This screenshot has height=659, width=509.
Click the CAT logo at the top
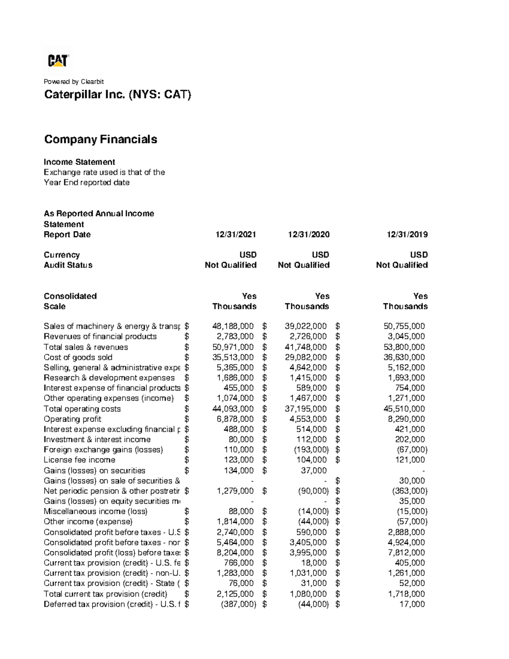[x=58, y=61]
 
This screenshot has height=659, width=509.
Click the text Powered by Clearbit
[x=74, y=81]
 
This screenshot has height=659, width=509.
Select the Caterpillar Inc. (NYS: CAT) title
[x=117, y=94]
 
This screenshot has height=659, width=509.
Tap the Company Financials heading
[x=101, y=139]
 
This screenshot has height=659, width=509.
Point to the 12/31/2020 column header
[x=308, y=235]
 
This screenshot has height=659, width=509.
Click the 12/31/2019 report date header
[x=407, y=235]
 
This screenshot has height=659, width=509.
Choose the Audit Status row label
[x=68, y=265]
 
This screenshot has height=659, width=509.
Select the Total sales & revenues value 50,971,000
[x=233, y=347]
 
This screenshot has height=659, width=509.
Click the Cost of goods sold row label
[x=78, y=357]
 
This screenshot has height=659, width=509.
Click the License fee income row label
[x=79, y=460]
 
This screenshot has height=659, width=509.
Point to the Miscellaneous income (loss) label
[x=95, y=511]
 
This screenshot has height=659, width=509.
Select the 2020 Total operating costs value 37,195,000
[x=305, y=409]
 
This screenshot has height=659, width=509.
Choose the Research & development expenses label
[x=109, y=378]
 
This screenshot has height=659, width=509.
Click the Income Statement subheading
[x=79, y=162]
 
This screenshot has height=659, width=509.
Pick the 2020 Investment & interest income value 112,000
[x=311, y=440]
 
